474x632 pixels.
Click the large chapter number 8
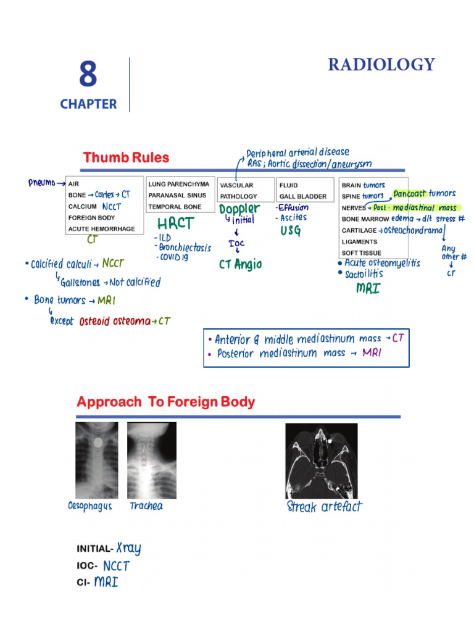pyautogui.click(x=87, y=75)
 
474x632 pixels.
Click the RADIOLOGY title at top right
pyautogui.click(x=381, y=65)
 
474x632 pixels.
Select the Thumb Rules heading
pyautogui.click(x=126, y=157)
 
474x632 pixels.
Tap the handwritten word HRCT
pyautogui.click(x=176, y=223)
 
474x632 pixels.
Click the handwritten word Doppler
pyautogui.click(x=239, y=209)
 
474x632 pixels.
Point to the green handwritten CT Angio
pyautogui.click(x=241, y=264)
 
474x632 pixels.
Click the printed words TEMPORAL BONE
pyautogui.click(x=174, y=207)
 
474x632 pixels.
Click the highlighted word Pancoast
pyautogui.click(x=410, y=194)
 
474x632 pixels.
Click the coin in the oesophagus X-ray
pyautogui.click(x=97, y=442)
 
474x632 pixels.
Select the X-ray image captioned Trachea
pyautogui.click(x=151, y=459)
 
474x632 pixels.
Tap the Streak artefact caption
pyautogui.click(x=325, y=507)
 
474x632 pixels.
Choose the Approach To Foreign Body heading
pyautogui.click(x=165, y=402)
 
